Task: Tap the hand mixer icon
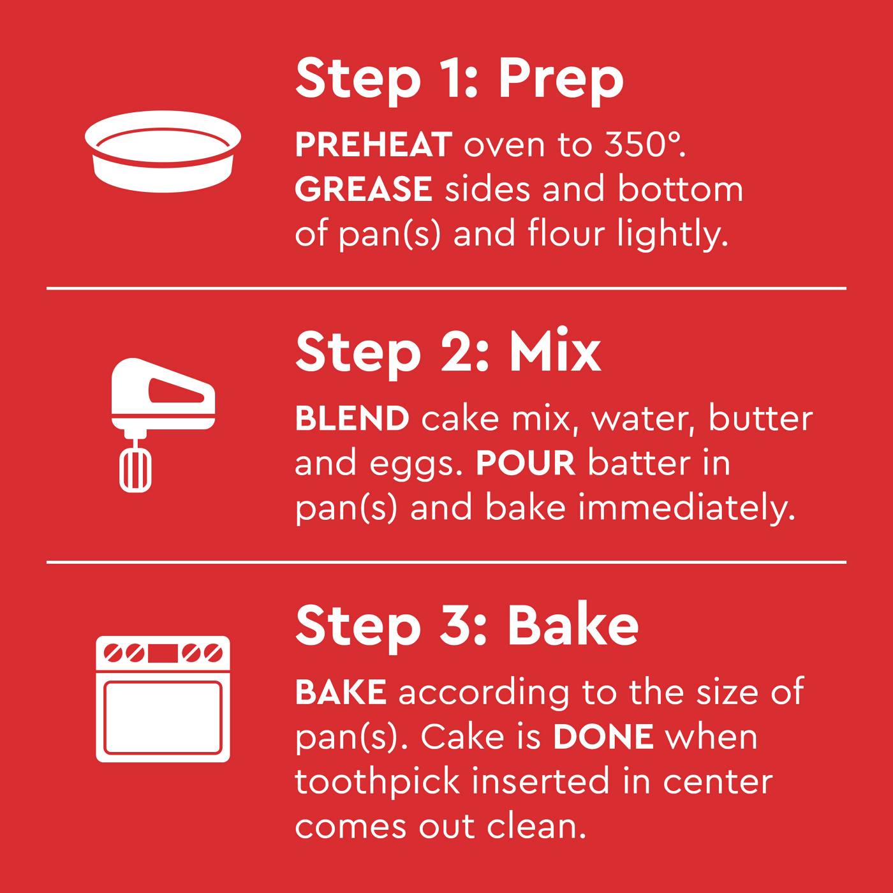point(163,425)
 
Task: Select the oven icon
point(163,699)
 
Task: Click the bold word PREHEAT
point(374,145)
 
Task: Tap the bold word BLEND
point(352,418)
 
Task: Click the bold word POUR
point(526,463)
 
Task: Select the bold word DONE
point(603,737)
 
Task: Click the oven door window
point(163,717)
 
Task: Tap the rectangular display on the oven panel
point(163,653)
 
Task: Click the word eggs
point(416,465)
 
